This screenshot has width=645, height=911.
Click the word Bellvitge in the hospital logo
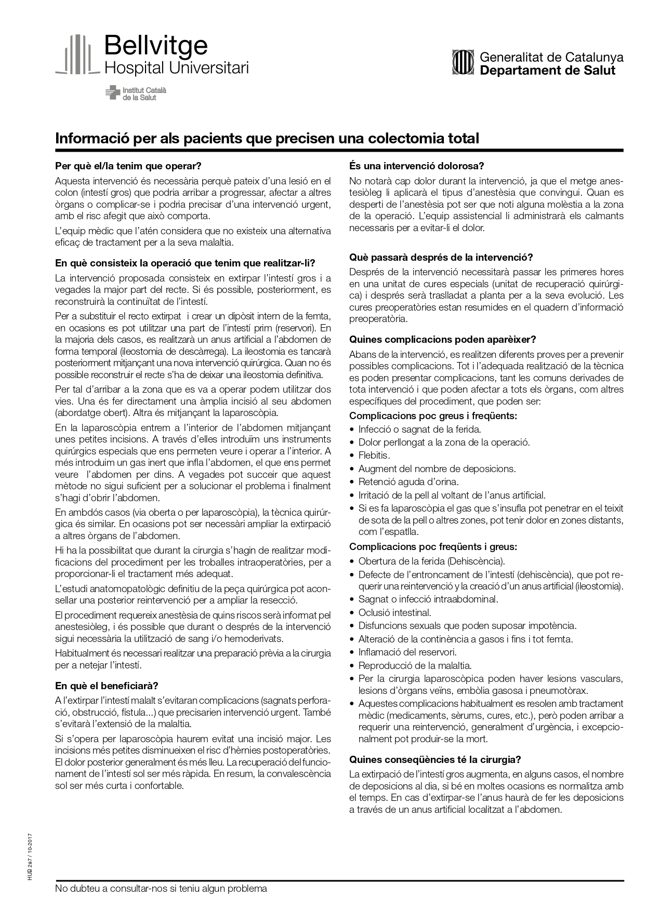click(x=156, y=46)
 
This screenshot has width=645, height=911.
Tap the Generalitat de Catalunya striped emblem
click(x=463, y=62)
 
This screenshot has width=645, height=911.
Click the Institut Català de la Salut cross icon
click(x=112, y=93)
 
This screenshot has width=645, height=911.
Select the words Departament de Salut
click(x=547, y=71)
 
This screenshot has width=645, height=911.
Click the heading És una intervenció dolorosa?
click(x=417, y=166)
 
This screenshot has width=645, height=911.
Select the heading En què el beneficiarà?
click(x=107, y=686)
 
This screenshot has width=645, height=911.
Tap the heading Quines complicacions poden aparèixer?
click(x=442, y=340)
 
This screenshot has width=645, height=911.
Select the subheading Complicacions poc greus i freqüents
click(x=433, y=416)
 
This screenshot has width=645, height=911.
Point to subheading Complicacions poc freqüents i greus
click(x=433, y=546)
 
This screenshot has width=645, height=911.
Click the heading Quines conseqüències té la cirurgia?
click(x=435, y=759)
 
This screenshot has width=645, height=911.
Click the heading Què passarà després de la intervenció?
click(x=441, y=258)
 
